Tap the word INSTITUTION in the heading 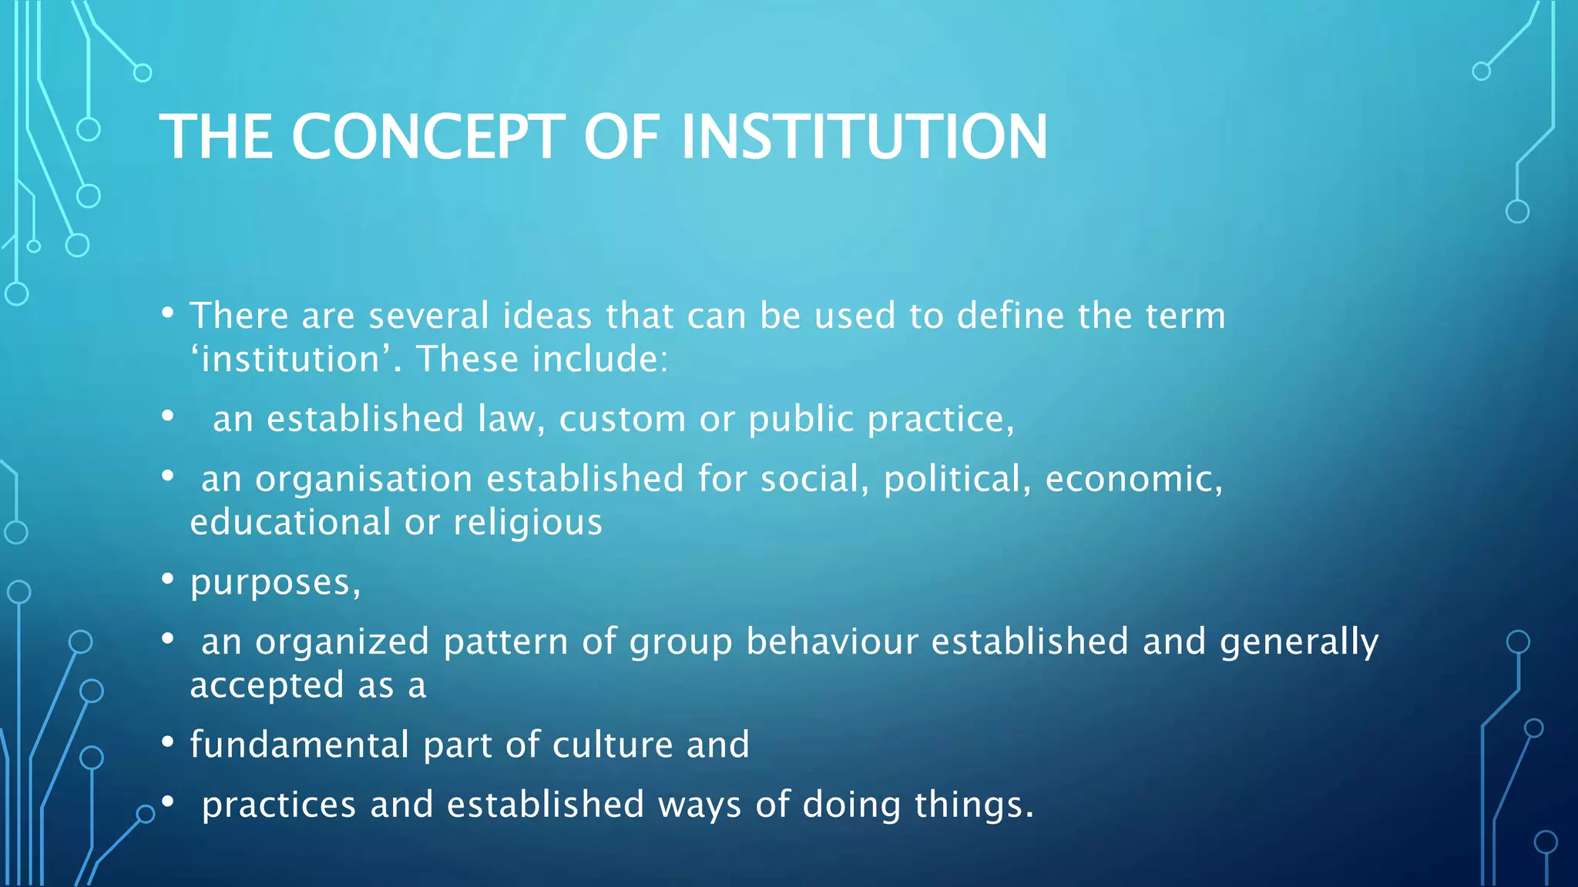(864, 137)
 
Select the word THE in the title (217, 137)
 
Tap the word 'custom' (622, 420)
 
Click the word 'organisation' (364, 480)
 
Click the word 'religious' (528, 523)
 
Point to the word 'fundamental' (299, 745)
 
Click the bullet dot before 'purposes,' (167, 580)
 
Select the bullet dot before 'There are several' (167, 313)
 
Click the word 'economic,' (1133, 480)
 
